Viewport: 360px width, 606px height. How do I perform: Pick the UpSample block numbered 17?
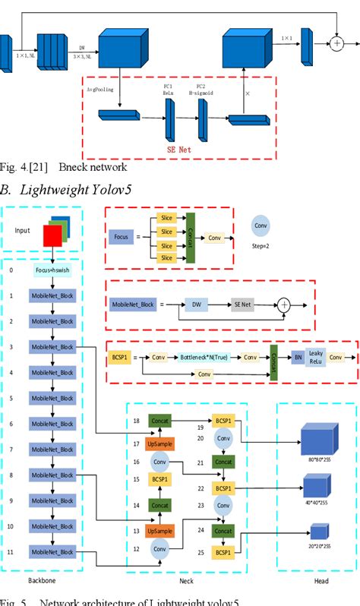(158, 443)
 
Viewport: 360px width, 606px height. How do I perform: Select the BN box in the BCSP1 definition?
(298, 356)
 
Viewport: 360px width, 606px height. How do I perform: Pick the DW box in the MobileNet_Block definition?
(197, 305)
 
